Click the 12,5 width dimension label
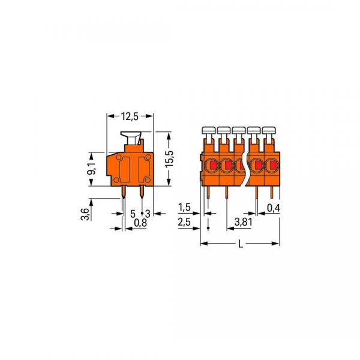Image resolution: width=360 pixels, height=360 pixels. point(131,116)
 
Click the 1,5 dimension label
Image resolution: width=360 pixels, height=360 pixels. point(185,208)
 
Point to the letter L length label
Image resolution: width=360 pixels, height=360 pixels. point(241,244)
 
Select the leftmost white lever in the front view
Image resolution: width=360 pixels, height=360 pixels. point(208,130)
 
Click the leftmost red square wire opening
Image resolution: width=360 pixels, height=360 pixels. point(212,164)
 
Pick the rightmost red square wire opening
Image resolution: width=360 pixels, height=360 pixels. point(272,164)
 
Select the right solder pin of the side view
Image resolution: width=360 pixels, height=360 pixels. point(141,192)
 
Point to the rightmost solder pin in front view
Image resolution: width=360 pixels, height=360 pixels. point(272,192)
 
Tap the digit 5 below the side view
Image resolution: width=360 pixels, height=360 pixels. point(133,213)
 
